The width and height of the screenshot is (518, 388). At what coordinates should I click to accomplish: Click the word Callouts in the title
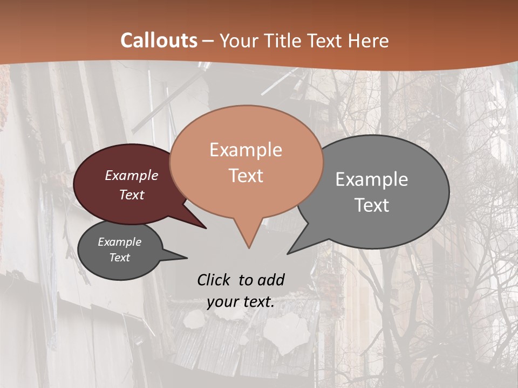pos(159,41)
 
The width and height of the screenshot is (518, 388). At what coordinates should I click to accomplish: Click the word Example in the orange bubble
pos(246,150)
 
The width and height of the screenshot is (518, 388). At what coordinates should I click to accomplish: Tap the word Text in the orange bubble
pos(246,176)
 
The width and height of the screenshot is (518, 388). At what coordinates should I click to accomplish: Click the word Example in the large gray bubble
pos(372,179)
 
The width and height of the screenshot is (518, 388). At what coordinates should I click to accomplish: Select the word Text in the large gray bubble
pos(372,205)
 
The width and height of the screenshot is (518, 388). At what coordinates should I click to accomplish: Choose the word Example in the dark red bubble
pos(132,175)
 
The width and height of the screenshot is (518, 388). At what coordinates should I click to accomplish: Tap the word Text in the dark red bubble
pos(132,195)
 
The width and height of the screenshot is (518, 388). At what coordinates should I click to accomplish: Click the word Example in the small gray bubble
pos(119,242)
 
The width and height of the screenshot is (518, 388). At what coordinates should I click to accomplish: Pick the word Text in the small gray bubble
pos(119,258)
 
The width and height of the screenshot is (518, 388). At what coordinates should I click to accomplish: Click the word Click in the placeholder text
pos(214,280)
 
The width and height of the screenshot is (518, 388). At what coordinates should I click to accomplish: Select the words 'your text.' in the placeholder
pos(241,302)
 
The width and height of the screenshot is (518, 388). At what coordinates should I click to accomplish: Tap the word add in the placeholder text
pos(270,280)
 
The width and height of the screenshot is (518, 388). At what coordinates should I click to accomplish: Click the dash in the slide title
pos(208,41)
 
